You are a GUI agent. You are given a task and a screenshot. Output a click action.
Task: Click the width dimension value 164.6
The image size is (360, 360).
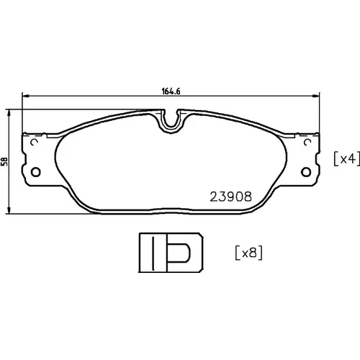click(x=171, y=91)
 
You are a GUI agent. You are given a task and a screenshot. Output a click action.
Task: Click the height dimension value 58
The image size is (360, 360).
click(x=4, y=161)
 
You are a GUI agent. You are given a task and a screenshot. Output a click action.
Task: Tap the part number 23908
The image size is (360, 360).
click(x=231, y=197)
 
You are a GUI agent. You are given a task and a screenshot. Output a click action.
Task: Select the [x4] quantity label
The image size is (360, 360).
click(x=347, y=158)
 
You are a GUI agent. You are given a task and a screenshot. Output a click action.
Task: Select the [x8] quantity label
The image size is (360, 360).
click(x=249, y=253)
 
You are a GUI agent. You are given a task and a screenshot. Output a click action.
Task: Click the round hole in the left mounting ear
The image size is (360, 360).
click(x=36, y=172)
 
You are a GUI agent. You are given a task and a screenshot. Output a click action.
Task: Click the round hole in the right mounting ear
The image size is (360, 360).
click(x=306, y=172)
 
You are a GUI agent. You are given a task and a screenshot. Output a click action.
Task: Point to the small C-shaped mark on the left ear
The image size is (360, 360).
click(x=35, y=142)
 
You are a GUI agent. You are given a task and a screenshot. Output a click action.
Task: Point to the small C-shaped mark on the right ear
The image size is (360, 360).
click(x=307, y=142)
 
